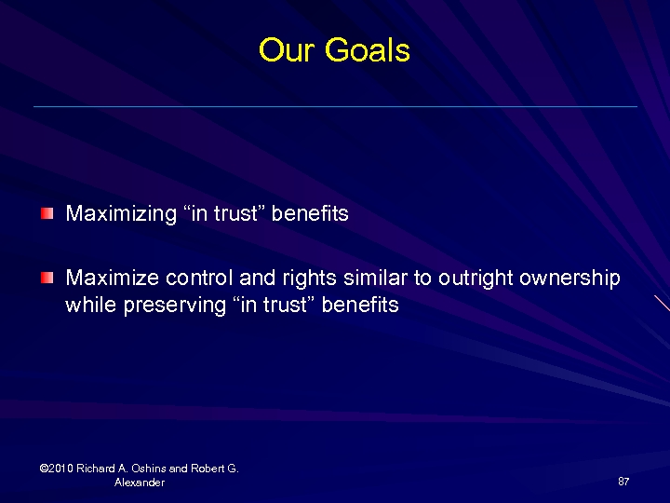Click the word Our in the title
coord(285,50)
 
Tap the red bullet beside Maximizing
coord(47,213)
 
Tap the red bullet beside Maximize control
coord(47,278)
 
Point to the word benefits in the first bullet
coord(310,213)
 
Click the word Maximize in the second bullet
coord(112,278)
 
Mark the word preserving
coord(174,306)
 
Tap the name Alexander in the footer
coord(140,483)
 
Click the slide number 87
coord(623,482)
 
